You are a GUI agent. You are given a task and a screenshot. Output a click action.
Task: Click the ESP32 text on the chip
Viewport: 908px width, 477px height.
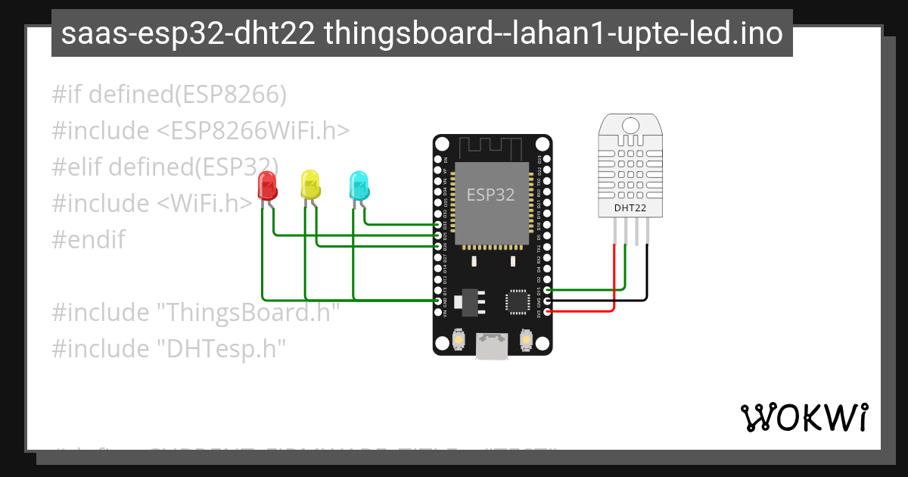click(490, 195)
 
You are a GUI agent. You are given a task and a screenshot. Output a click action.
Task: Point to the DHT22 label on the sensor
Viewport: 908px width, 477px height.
click(630, 207)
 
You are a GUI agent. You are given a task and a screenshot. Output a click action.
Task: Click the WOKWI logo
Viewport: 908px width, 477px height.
click(804, 417)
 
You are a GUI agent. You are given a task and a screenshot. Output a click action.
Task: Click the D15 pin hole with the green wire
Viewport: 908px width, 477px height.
click(548, 290)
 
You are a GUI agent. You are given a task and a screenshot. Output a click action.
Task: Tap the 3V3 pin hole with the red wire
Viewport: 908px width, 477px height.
click(548, 311)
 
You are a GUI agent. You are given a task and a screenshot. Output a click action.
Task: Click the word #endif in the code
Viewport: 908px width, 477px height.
click(89, 240)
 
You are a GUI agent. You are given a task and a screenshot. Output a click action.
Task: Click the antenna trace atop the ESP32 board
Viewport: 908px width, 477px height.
click(492, 145)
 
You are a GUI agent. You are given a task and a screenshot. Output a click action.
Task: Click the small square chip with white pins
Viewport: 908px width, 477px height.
click(518, 301)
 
